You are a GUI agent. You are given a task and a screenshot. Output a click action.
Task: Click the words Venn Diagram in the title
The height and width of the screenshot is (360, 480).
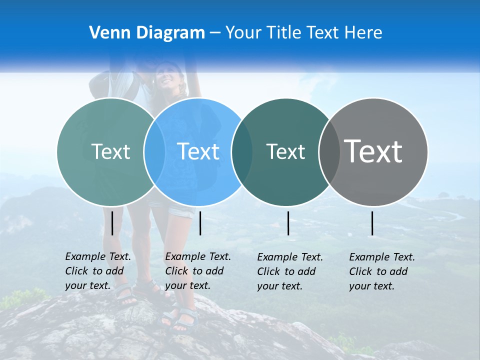(147, 33)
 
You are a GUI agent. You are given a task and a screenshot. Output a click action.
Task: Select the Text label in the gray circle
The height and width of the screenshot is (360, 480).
(373, 151)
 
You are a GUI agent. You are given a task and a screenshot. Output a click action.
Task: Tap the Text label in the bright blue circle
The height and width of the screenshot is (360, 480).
(198, 151)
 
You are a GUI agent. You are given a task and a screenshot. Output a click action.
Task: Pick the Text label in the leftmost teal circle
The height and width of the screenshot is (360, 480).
(110, 151)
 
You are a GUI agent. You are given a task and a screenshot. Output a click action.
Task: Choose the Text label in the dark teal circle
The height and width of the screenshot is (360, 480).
(285, 151)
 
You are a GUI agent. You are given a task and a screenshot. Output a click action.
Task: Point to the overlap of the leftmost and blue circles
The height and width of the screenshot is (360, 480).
(154, 151)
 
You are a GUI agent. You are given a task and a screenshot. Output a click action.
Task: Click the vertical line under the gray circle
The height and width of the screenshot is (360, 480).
(372, 223)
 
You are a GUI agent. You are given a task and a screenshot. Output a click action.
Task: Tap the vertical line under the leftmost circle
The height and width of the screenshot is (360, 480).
(112, 223)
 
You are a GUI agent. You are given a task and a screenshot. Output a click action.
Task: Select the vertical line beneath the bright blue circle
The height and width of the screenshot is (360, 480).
(200, 223)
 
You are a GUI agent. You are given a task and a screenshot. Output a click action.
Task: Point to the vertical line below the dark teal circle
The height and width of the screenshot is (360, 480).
(288, 223)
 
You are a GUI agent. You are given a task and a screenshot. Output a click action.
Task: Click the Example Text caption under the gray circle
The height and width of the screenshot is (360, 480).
(381, 271)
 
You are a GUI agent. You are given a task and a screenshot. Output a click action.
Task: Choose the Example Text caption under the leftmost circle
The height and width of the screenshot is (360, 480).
(97, 271)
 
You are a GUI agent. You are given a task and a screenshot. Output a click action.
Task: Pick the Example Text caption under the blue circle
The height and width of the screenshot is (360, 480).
(197, 271)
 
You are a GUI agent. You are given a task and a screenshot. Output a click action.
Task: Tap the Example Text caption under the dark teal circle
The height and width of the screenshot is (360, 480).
(289, 271)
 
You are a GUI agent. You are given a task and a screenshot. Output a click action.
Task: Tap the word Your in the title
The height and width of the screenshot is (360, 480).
(244, 33)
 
